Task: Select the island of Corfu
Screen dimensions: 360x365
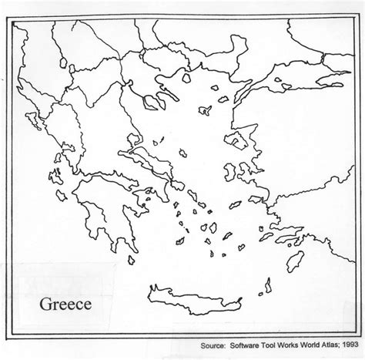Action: pos(32,123)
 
